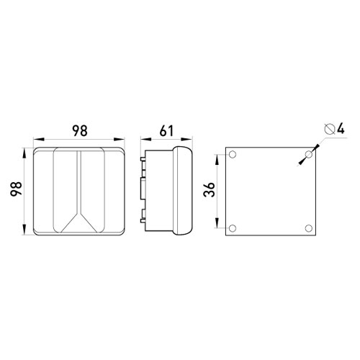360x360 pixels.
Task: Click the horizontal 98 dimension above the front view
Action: click(x=80, y=131)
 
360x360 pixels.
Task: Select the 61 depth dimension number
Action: click(x=166, y=131)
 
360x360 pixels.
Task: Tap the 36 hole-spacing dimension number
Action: click(x=210, y=189)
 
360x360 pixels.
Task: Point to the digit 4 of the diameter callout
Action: click(x=341, y=129)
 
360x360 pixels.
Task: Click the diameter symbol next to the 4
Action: click(x=329, y=129)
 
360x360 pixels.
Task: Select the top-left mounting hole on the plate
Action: click(x=233, y=154)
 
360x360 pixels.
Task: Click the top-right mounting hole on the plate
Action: click(x=309, y=154)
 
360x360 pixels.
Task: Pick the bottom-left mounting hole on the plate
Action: click(x=233, y=228)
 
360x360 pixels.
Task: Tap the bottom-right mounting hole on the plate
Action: click(x=309, y=228)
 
